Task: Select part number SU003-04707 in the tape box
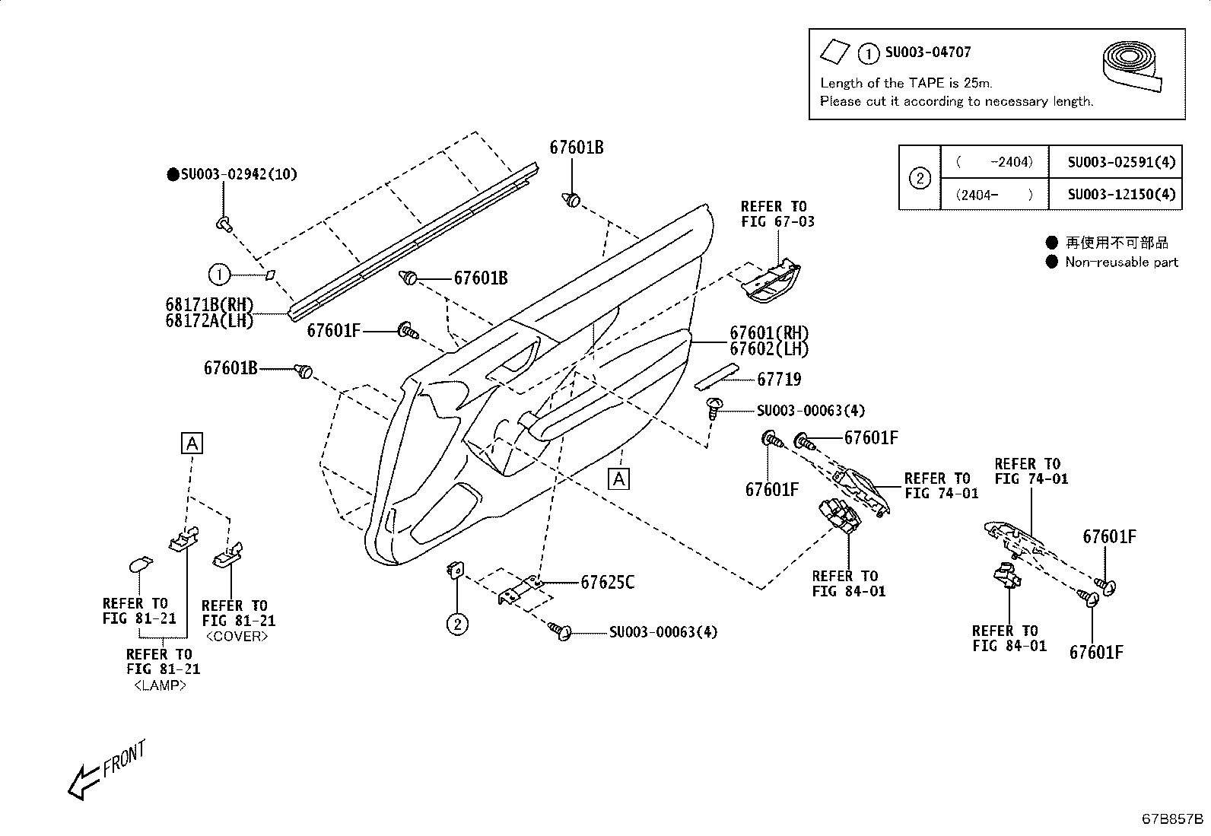coord(927,52)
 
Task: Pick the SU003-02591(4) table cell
coord(1120,162)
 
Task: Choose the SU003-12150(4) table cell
coord(1120,194)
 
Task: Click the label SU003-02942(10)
coord(238,174)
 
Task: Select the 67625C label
coord(607,583)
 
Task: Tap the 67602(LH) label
coord(769,348)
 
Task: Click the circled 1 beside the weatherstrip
coord(218,275)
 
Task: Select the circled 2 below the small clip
coord(456,625)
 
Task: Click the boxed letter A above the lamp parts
coord(192,443)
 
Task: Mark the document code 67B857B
coord(1171,819)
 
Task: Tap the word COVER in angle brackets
coord(237,637)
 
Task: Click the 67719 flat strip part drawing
coord(716,375)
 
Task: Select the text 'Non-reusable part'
coord(1120,262)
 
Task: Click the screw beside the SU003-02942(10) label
coord(223,223)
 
